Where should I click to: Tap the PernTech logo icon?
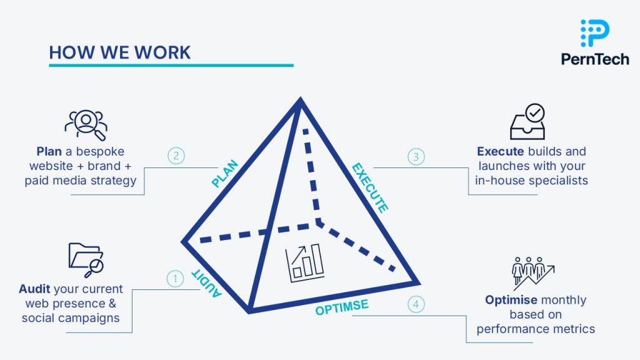point(595,33)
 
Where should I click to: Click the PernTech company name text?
point(594,59)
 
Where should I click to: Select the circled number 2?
point(176,156)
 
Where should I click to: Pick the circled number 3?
point(416,156)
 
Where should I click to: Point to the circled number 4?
point(416,304)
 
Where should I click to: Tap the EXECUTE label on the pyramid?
point(370,187)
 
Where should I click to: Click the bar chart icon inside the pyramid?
point(304,261)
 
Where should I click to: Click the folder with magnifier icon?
point(86,259)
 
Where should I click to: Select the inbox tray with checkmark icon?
point(527,122)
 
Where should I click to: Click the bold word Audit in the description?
point(35,289)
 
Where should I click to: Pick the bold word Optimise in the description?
point(511,300)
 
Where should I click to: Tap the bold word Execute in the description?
point(500,151)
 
